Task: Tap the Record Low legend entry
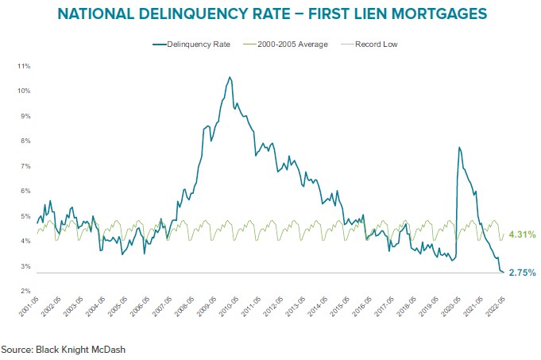377,45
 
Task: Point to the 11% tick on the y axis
23,65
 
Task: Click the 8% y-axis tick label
25,141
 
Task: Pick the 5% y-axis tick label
25,216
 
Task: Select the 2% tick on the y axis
25,292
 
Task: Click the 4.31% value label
521,234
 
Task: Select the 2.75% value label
521,273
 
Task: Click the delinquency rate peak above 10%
230,77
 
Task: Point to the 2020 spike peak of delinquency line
458,147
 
